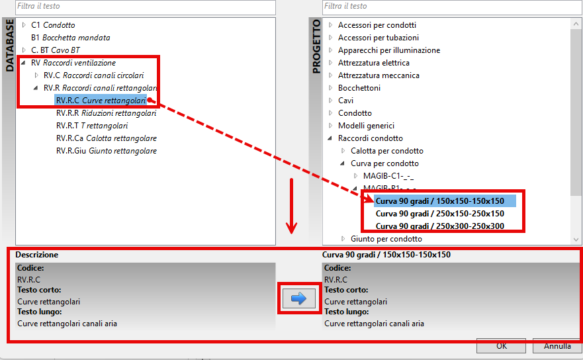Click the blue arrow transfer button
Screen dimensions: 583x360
tap(299, 298)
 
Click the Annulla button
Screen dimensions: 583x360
tap(557, 346)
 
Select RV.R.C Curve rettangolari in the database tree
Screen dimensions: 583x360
tap(101, 101)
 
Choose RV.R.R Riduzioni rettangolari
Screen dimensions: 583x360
tap(107, 113)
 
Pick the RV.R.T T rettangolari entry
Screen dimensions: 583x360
tap(92, 126)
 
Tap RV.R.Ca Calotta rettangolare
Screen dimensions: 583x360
tap(107, 138)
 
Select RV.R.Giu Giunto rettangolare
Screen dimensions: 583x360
tap(107, 151)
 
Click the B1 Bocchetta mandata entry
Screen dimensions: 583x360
tap(71, 38)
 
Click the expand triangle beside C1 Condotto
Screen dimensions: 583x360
tap(24, 25)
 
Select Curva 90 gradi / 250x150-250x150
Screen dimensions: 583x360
tap(440, 214)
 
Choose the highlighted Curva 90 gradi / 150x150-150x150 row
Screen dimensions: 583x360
tap(445, 201)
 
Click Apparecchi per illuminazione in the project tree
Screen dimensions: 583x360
tap(389, 50)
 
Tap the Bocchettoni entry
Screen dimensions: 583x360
tap(359, 88)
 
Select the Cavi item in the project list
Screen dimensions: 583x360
tap(345, 101)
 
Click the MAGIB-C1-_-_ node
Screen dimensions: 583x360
tap(388, 176)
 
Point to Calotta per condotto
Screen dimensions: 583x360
tap(386, 151)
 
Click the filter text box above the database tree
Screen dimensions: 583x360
tap(146, 7)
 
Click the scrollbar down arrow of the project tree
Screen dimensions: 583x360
tap(576, 240)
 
